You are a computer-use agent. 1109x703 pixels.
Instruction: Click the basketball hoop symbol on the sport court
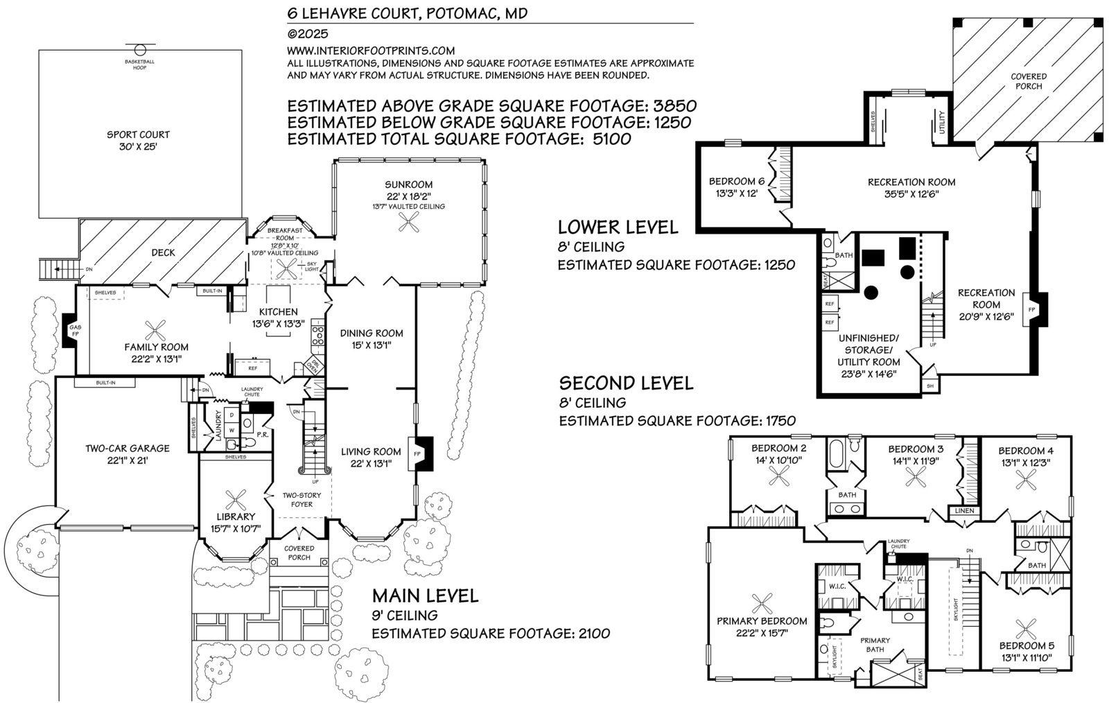point(140,50)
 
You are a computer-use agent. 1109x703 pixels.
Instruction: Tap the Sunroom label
point(410,184)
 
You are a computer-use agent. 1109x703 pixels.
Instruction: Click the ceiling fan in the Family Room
point(152,327)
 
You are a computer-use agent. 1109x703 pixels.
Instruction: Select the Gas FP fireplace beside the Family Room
point(72,328)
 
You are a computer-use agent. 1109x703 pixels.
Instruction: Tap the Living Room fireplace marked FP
point(421,454)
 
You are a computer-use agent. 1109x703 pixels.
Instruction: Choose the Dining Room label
point(372,333)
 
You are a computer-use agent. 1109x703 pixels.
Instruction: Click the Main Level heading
point(425,595)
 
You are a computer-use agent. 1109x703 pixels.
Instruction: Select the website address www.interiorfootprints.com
point(371,51)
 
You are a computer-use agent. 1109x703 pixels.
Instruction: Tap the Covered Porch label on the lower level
point(1029,81)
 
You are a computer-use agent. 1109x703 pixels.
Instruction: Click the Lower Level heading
point(618,227)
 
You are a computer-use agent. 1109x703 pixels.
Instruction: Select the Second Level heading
point(626,383)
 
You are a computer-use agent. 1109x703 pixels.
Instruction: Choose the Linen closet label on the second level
point(964,511)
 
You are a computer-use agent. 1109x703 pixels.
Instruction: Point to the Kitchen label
point(279,312)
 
